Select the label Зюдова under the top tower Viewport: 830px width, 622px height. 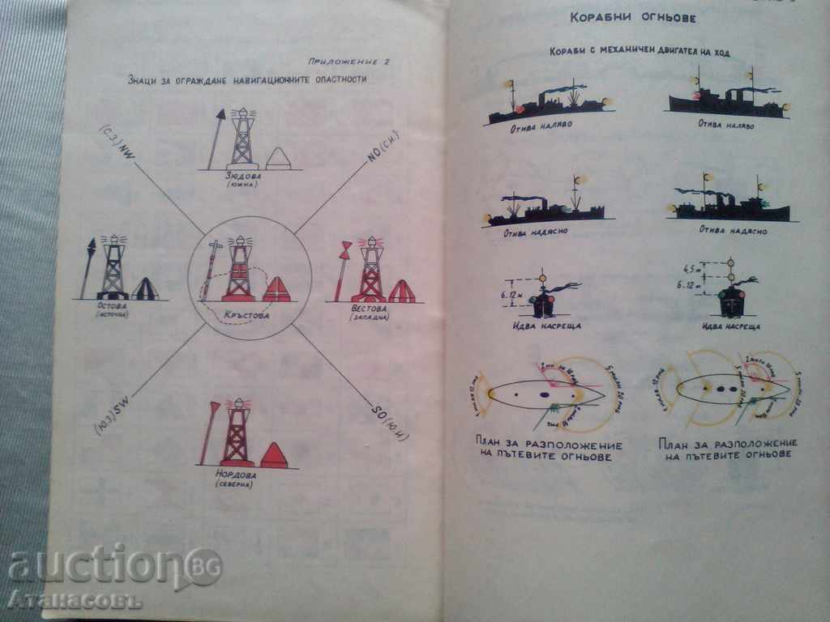tap(242, 175)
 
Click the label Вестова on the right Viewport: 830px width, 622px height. tap(369, 309)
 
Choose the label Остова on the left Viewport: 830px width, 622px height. tap(112, 306)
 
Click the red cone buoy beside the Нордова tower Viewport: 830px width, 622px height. tap(274, 455)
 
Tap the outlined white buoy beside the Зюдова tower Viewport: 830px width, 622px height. tap(278, 159)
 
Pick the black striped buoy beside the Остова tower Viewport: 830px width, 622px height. tap(144, 288)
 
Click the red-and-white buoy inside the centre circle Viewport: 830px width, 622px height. tap(276, 289)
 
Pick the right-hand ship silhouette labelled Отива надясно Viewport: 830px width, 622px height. tap(732, 206)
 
